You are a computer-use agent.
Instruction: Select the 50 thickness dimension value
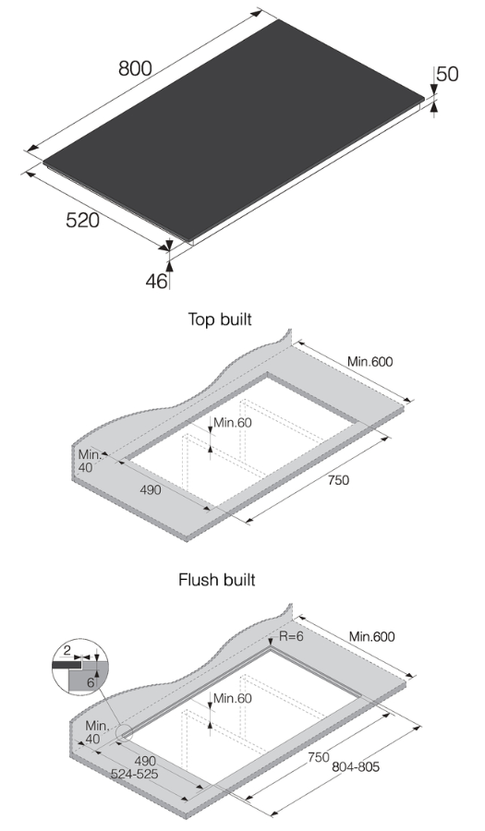[447, 75]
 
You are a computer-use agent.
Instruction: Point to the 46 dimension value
[155, 281]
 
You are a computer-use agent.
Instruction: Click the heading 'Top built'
[220, 319]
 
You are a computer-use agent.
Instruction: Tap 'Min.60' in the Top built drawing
[231, 423]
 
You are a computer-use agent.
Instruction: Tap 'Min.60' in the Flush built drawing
[231, 698]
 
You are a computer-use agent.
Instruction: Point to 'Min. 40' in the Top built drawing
[88, 461]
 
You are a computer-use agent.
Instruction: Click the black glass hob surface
[231, 129]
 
